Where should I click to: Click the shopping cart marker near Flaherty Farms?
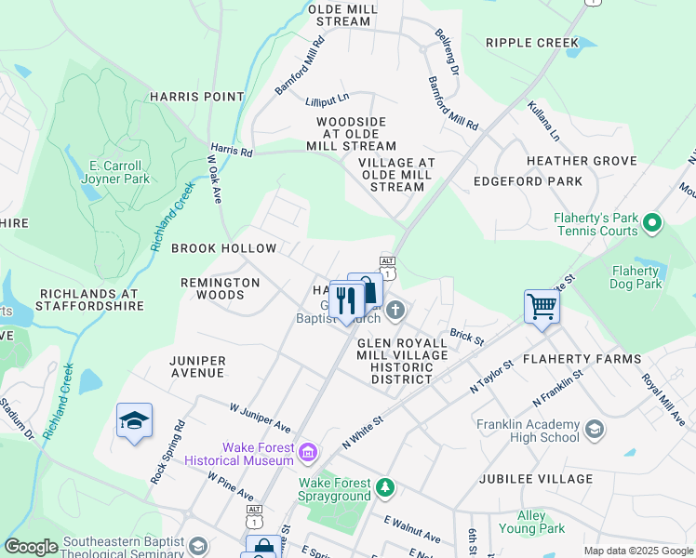542,306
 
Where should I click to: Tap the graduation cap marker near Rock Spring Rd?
134,421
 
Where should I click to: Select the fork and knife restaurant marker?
346,300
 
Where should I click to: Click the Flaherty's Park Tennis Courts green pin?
652,223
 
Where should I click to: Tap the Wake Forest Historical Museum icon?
309,454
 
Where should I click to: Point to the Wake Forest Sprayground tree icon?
384,485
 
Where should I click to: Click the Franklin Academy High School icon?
595,429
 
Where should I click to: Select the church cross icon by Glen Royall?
395,310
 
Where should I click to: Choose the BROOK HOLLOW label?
223,248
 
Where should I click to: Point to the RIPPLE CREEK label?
532,43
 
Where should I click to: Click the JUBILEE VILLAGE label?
535,479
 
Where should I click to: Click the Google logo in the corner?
31,547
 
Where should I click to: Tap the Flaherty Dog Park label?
636,277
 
